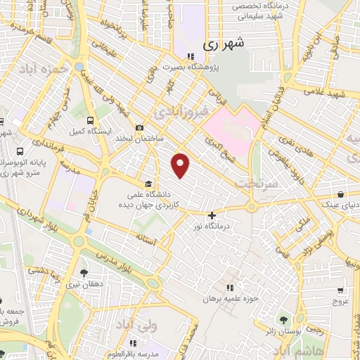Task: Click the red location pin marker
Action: (181, 165)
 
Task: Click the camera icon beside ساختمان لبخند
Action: (139, 127)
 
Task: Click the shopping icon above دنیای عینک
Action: (340, 195)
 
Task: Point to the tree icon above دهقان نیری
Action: (84, 273)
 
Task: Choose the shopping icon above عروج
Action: (340, 290)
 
